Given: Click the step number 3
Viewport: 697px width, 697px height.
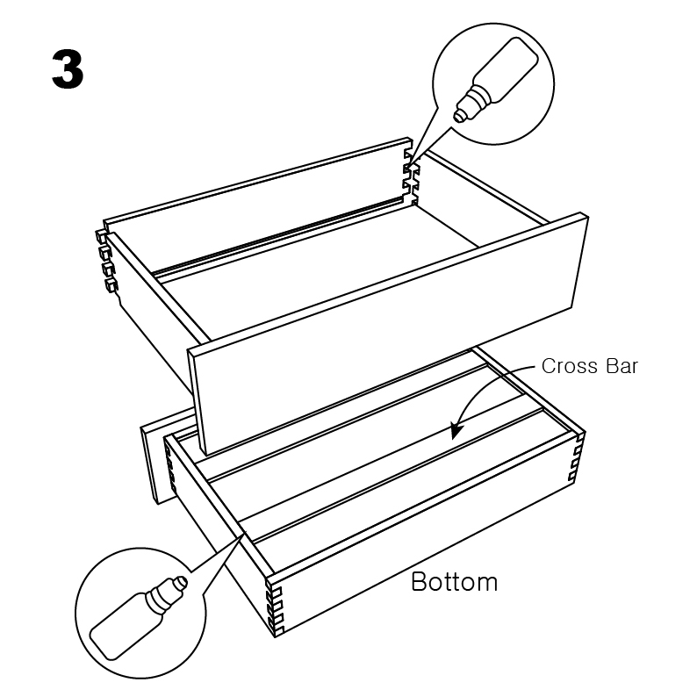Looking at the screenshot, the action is (68, 68).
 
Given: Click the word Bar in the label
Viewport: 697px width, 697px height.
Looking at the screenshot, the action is (622, 366).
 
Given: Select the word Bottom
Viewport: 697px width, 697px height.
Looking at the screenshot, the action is (455, 581).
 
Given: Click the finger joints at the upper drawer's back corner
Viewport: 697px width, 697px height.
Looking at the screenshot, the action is (411, 173).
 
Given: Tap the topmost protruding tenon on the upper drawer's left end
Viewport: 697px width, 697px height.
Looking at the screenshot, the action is (101, 235).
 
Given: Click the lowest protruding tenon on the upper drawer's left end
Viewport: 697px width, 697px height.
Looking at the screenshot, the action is (111, 285).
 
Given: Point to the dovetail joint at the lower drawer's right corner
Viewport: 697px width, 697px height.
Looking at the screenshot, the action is (576, 458).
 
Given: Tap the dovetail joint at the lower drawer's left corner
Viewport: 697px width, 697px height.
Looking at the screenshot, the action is (170, 471).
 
